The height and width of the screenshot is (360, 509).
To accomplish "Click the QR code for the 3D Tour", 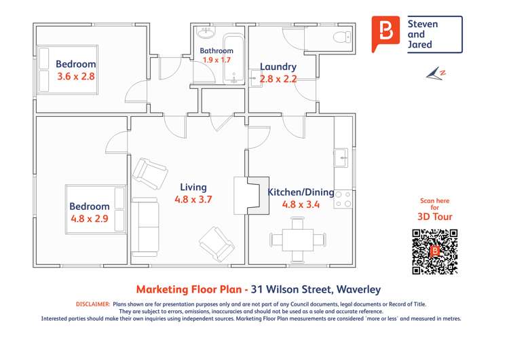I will point(434,251).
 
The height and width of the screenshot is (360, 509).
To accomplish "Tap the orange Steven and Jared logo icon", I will point(386,34).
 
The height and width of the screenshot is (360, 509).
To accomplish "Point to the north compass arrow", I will point(436,73).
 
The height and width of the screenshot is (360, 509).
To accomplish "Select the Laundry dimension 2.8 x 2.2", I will point(278,79).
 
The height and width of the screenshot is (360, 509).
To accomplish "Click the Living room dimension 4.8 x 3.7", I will point(193,200).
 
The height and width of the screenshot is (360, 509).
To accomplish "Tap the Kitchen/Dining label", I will point(301,192).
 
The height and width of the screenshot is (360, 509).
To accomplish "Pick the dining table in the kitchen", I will point(297,240).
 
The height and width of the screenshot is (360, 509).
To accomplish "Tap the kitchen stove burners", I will point(343,198).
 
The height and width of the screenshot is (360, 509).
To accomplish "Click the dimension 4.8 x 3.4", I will point(301,204).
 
